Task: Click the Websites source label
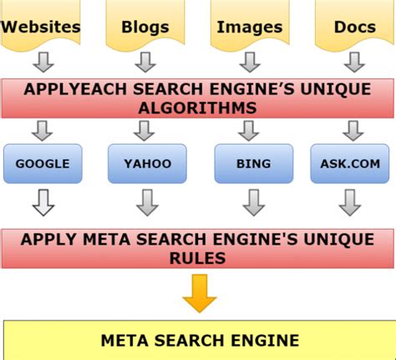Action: (x=41, y=26)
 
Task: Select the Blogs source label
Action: (x=145, y=26)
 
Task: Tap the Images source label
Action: (x=248, y=26)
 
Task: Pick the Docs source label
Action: (x=354, y=26)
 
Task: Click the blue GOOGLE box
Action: (x=41, y=163)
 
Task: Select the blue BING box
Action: (x=249, y=163)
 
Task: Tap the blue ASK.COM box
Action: (x=351, y=163)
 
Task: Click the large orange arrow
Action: (x=200, y=293)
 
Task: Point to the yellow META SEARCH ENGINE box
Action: (x=199, y=340)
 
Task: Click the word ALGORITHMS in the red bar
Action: (x=198, y=108)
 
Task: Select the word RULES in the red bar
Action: (x=198, y=259)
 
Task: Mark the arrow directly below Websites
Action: (x=41, y=62)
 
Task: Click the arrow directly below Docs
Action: (x=354, y=62)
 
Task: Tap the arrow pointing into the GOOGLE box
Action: (x=41, y=130)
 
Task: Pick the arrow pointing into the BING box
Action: (x=249, y=130)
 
